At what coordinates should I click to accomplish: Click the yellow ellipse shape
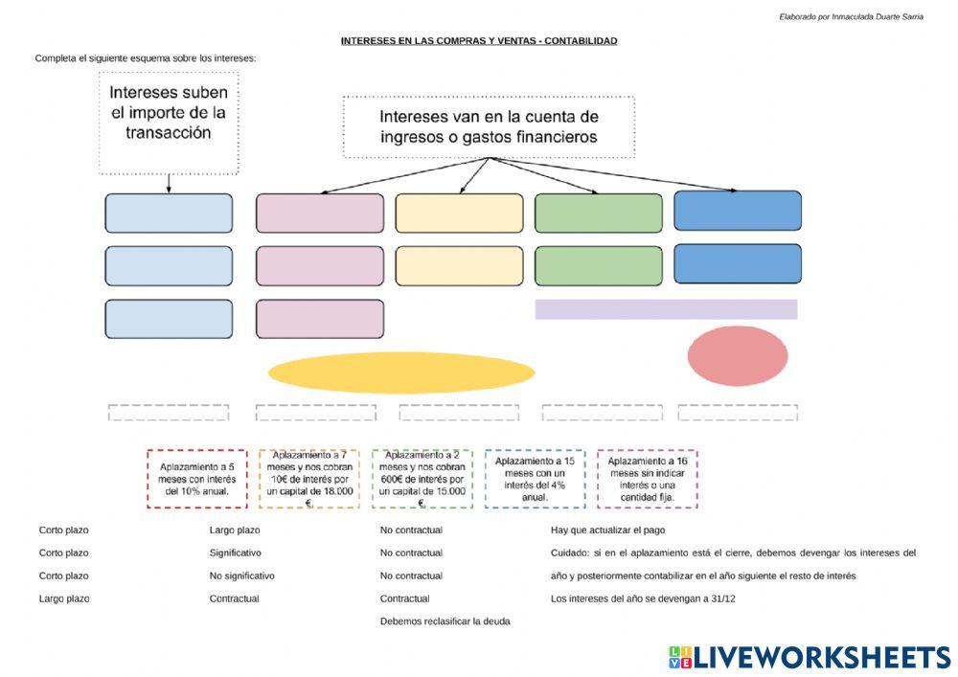tap(401, 372)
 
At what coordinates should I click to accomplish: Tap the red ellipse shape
tap(738, 356)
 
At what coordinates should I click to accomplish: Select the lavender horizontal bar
tap(666, 309)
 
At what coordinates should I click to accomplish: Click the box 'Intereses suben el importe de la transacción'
tap(169, 124)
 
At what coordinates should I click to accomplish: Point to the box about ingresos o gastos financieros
tap(489, 127)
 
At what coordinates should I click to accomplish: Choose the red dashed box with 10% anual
tap(196, 479)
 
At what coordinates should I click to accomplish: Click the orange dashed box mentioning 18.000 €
tap(309, 479)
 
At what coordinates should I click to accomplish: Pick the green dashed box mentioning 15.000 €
tap(422, 479)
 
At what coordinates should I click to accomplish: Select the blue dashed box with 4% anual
tap(535, 479)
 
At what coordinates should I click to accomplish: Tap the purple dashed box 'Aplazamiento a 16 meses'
tap(647, 479)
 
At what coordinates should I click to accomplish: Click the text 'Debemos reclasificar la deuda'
tap(445, 621)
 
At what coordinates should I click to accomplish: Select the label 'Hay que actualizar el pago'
tap(608, 530)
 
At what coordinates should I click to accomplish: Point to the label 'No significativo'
tap(242, 575)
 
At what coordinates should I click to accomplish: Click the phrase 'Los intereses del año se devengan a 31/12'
tap(643, 598)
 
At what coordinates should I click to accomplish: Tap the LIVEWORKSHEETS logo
tap(810, 658)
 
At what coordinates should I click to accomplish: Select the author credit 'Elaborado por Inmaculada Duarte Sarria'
tap(851, 17)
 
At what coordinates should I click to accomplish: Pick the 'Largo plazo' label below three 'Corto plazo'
tap(64, 598)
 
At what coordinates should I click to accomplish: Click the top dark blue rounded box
tap(738, 211)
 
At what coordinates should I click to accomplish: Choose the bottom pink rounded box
tap(320, 319)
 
